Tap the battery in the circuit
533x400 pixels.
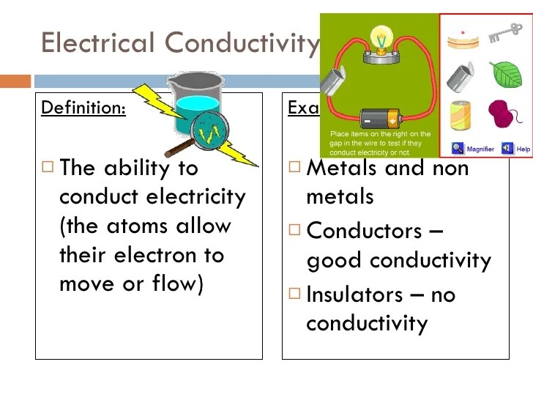(x=379, y=116)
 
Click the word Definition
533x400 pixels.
(x=83, y=108)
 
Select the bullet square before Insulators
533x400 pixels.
(x=294, y=295)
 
